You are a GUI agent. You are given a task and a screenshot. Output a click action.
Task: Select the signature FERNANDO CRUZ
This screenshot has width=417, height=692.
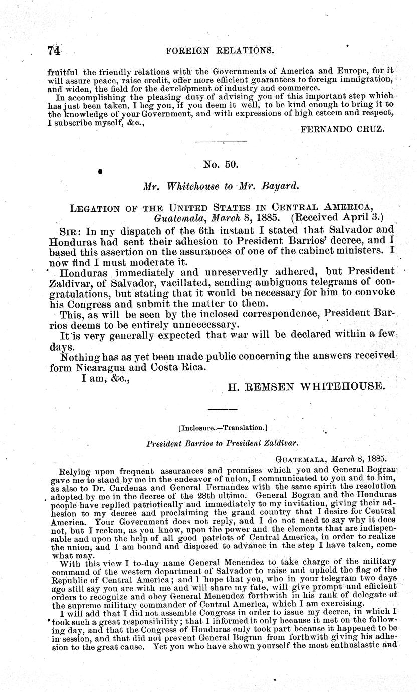342,129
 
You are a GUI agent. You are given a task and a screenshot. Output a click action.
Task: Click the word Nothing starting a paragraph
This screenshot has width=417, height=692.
81,357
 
